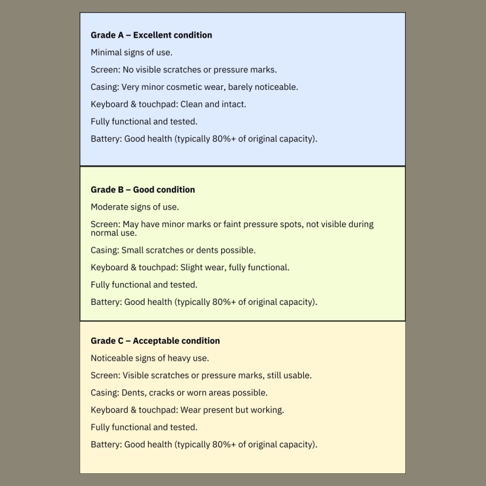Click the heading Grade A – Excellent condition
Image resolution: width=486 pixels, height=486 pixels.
click(151, 35)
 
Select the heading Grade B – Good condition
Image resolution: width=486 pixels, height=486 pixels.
click(143, 190)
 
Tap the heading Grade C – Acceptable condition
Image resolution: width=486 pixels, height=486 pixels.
click(155, 341)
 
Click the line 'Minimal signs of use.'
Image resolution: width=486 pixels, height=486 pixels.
click(131, 52)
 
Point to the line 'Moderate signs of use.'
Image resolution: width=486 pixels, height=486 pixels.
click(135, 207)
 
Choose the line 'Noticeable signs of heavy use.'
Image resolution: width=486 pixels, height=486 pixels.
click(149, 358)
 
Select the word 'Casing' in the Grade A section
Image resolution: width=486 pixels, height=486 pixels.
click(104, 87)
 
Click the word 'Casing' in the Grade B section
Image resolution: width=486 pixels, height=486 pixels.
click(104, 250)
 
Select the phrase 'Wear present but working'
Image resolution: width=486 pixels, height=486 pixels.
click(232, 410)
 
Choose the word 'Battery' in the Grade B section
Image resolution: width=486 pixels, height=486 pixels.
click(106, 302)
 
